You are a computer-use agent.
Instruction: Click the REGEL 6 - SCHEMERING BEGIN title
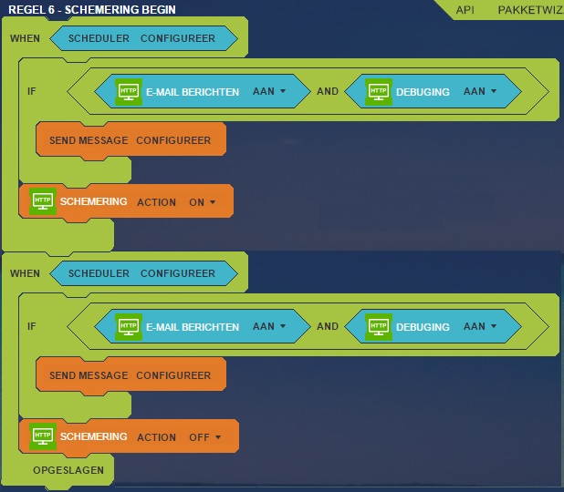click(x=92, y=10)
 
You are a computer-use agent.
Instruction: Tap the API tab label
click(x=465, y=10)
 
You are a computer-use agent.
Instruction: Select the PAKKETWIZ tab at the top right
click(x=530, y=10)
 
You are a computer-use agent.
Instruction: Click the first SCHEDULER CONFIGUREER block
click(x=143, y=38)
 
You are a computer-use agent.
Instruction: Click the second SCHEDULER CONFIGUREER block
click(x=143, y=273)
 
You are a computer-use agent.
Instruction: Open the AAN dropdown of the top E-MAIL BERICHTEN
click(x=269, y=91)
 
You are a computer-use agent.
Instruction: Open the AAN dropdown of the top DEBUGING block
click(x=480, y=91)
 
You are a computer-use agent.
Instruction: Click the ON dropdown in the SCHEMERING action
click(x=203, y=202)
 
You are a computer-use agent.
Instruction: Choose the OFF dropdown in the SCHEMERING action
click(x=204, y=437)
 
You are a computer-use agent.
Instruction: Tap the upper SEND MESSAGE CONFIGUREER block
click(x=131, y=140)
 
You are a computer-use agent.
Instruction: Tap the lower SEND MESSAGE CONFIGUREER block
click(x=131, y=375)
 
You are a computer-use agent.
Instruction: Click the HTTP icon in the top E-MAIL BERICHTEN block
click(x=129, y=92)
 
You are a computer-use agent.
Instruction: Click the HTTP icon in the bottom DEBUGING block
click(x=379, y=327)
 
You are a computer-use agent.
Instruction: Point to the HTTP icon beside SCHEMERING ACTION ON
click(x=43, y=201)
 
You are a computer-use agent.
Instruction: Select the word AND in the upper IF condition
click(x=328, y=91)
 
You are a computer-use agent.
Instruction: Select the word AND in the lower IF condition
click(x=328, y=326)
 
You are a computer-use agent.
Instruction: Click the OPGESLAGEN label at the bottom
click(x=68, y=470)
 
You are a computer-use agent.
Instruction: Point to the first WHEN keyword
click(x=25, y=38)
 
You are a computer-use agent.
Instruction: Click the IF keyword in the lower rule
click(x=32, y=326)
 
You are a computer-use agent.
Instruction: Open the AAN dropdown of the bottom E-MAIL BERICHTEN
click(x=269, y=326)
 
